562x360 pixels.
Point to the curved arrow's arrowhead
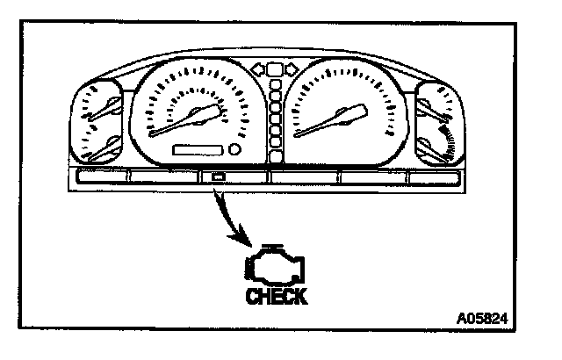(245, 242)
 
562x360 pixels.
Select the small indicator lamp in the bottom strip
(217, 177)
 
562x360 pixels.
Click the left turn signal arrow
(259, 68)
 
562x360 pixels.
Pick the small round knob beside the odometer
(234, 150)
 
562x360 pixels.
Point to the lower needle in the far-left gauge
(102, 150)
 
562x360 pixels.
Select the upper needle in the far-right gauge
(436, 109)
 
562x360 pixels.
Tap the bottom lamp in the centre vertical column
(277, 157)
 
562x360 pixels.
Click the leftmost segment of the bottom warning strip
(101, 177)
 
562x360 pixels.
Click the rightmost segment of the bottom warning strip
(439, 177)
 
